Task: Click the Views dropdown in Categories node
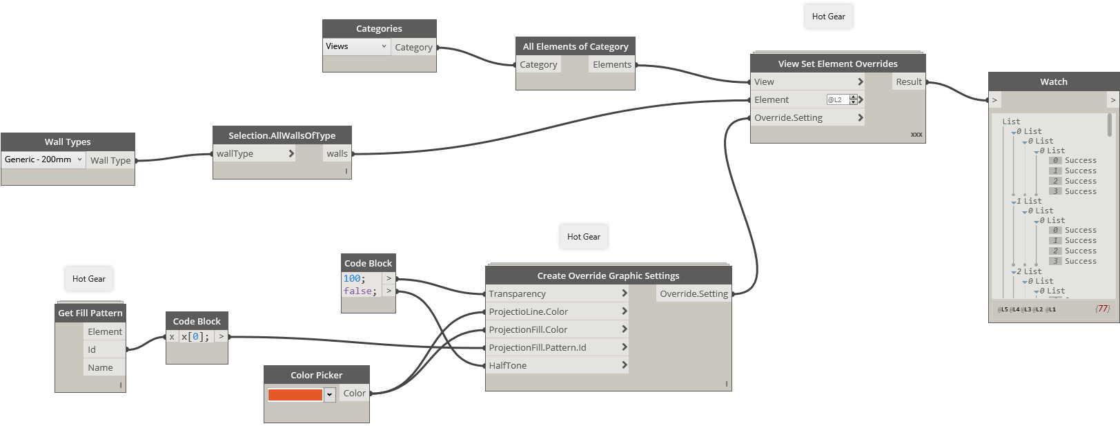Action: [356, 46]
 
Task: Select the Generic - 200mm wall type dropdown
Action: [43, 159]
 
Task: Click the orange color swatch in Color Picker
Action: [295, 395]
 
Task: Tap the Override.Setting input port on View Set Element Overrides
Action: [788, 118]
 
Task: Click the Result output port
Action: [908, 82]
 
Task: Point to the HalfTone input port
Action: [508, 366]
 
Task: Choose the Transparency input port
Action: [517, 294]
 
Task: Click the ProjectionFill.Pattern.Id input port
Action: [537, 348]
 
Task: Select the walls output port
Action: [337, 154]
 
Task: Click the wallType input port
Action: [235, 154]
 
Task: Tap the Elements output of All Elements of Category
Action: [611, 65]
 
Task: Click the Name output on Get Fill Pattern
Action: [100, 368]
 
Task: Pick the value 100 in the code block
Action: [353, 279]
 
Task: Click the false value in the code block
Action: [359, 291]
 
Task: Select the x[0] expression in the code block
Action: [195, 337]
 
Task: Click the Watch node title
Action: [1053, 81]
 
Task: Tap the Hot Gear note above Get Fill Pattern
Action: [89, 279]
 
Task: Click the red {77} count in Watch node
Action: [1102, 309]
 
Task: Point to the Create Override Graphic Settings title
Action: [608, 275]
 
